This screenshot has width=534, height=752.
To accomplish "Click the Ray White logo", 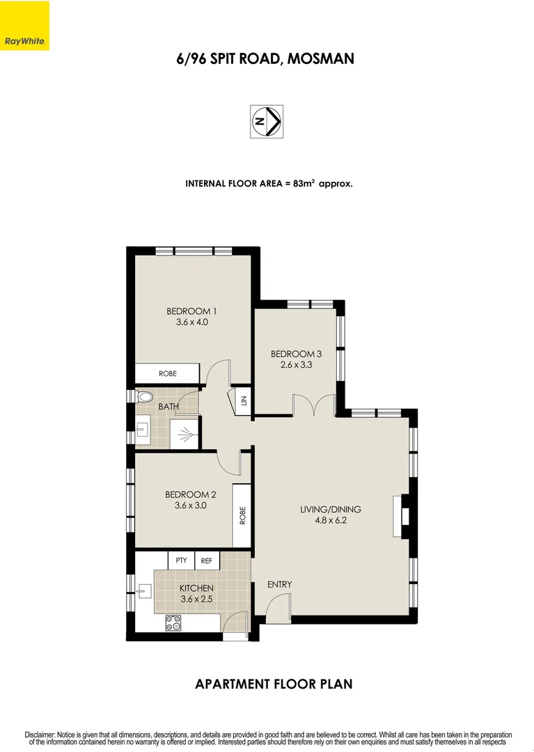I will [24, 26].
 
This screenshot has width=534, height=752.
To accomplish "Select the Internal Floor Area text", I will [269, 184].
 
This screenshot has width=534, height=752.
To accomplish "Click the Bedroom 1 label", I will [187, 311].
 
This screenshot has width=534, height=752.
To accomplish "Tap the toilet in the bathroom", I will [144, 397].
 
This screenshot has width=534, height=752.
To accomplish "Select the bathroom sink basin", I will [142, 432].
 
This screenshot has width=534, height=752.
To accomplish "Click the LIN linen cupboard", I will [244, 400].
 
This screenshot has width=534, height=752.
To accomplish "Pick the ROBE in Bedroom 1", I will [168, 374].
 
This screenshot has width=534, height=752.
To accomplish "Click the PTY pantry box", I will [181, 560].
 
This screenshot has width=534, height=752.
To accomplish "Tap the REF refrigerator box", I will [207, 560].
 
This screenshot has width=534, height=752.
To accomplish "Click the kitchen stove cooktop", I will [173, 623].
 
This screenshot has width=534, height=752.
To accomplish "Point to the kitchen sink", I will [143, 592].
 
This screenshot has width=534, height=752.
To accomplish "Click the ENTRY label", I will [279, 584].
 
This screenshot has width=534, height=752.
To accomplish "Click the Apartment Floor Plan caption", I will [273, 684].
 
